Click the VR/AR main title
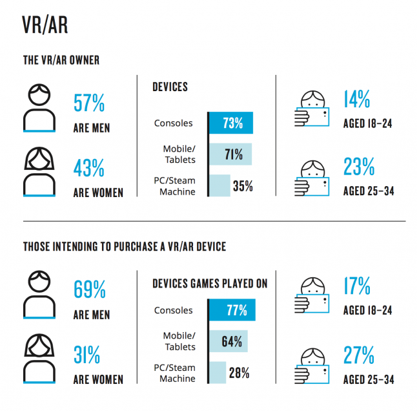(45, 25)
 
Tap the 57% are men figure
(89, 103)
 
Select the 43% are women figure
(89, 169)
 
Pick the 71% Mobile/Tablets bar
(230, 154)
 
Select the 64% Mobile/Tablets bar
(228, 341)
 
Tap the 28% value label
(239, 372)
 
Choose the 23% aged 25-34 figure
(358, 167)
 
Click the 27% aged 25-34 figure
(358, 355)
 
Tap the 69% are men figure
(90, 290)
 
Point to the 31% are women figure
(86, 355)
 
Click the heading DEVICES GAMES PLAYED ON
(210, 284)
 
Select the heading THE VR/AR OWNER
(61, 61)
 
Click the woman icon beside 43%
(40, 171)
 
